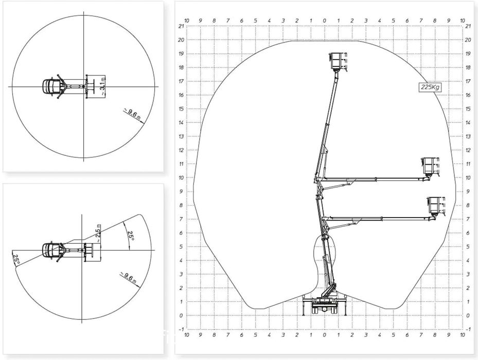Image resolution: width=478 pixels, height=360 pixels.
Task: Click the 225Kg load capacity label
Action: pos(430,87)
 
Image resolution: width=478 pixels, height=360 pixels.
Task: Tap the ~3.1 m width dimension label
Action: pos(102,86)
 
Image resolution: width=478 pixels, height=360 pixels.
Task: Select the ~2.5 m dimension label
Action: pos(98,233)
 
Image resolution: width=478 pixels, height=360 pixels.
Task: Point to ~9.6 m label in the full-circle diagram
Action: pos(132,114)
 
